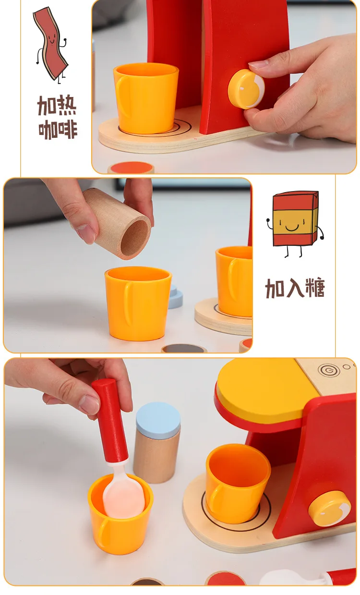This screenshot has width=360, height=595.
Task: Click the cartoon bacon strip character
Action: tap(51, 44)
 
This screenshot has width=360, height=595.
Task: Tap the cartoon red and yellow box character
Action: tap(295, 223)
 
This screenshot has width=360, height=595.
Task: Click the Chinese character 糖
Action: tap(315, 288)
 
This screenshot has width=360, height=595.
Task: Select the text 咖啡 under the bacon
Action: tap(58, 129)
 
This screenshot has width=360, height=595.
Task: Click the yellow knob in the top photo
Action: tap(246, 89)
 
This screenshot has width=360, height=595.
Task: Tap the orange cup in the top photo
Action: tap(146, 98)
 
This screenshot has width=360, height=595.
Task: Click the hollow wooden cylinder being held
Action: tap(117, 223)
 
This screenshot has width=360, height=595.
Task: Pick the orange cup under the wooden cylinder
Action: tap(138, 304)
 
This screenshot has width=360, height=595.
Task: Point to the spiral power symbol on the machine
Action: tap(329, 369)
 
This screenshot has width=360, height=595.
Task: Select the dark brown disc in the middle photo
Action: tap(184, 349)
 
